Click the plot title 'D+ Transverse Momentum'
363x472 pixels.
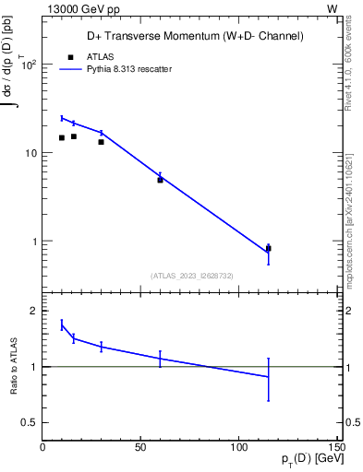[194, 36]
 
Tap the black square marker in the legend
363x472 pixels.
[69, 55]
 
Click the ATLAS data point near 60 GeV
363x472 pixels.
[160, 180]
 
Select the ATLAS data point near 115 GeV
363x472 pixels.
[269, 248]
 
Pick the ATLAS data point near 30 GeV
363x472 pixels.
[101, 141]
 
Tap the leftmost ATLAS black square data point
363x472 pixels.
[62, 137]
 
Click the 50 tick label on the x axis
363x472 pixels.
[140, 448]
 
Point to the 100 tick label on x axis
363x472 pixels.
[239, 448]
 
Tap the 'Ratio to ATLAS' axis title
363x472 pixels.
[13, 366]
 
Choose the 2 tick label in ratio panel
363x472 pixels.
[33, 311]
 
